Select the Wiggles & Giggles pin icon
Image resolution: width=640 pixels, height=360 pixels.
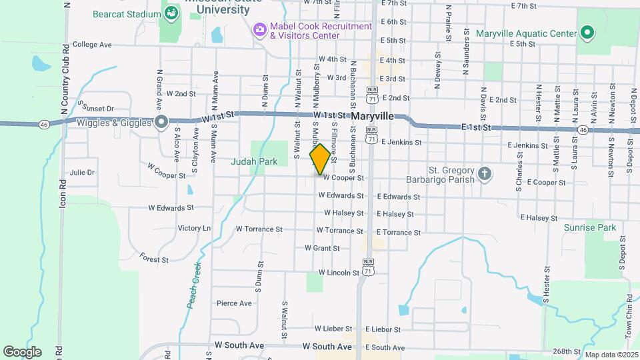click(161, 122)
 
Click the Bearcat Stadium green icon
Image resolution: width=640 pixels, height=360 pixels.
click(171, 13)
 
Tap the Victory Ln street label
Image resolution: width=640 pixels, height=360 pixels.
click(194, 228)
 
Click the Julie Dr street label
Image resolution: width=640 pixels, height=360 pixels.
click(82, 172)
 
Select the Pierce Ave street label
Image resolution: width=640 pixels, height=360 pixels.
click(234, 303)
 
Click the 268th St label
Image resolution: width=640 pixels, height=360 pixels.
click(567, 351)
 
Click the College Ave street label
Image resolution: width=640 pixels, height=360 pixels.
click(92, 45)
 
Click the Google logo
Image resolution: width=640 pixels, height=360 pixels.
click(22, 352)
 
